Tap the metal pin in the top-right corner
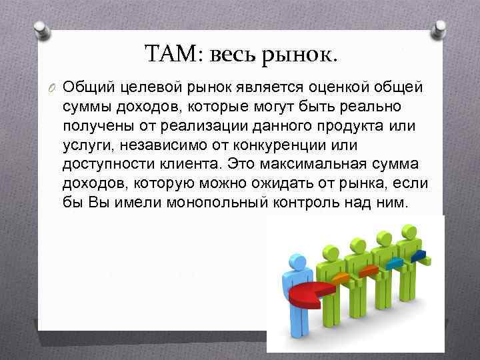pos(439,29)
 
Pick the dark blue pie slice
pos(418,255)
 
